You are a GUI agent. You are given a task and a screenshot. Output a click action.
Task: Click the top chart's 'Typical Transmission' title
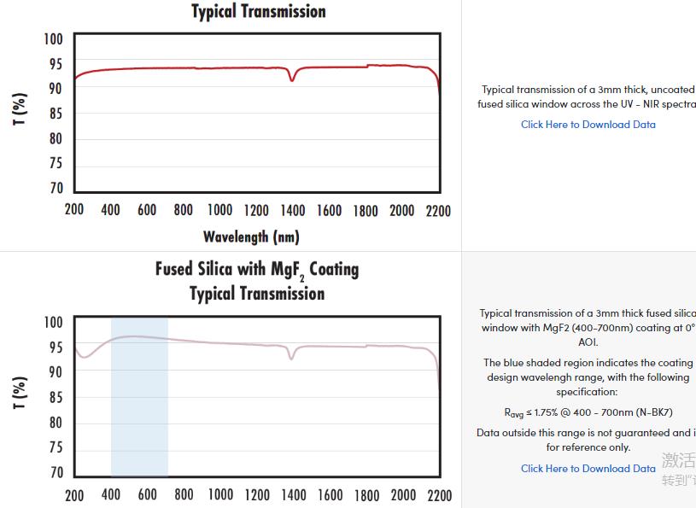click(258, 12)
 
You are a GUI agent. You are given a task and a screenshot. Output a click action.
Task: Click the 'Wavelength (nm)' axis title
click(251, 236)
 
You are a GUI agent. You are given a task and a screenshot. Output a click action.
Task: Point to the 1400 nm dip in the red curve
click(292, 79)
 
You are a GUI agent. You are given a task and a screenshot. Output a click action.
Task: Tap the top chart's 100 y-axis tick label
click(53, 39)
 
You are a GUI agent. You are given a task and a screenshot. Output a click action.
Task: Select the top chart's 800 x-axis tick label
click(184, 211)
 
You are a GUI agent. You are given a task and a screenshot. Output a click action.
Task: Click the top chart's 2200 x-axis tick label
click(437, 211)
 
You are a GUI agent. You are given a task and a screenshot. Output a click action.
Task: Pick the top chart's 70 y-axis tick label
click(56, 189)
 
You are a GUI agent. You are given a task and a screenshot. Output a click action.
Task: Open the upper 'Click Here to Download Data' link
click(588, 125)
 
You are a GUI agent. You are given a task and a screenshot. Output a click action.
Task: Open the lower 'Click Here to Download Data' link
click(588, 469)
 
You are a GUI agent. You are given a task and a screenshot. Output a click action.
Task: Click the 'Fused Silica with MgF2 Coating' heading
click(256, 270)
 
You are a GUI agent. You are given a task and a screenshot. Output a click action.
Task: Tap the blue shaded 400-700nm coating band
click(139, 401)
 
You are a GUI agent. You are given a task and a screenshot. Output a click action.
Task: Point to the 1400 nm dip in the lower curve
click(291, 357)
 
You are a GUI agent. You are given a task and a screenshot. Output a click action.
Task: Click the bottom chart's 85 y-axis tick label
click(56, 398)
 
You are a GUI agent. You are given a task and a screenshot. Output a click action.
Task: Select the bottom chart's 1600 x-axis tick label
click(329, 495)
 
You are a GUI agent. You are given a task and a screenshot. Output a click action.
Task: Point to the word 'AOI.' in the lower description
click(588, 342)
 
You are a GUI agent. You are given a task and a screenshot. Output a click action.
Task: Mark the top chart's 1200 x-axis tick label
click(256, 211)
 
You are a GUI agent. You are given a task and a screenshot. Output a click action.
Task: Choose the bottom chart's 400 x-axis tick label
click(111, 495)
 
